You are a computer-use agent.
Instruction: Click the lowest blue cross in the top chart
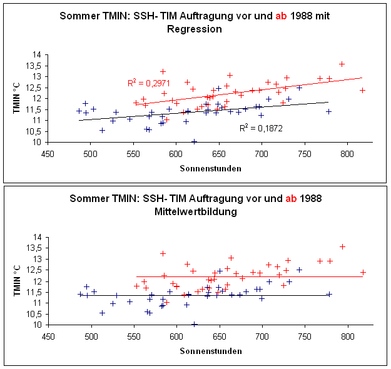point(194,142)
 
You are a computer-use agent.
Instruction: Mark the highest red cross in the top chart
point(342,64)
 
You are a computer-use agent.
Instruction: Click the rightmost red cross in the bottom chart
point(363,272)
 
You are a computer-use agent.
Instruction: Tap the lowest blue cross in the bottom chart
point(194,325)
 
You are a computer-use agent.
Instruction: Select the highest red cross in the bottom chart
point(342,246)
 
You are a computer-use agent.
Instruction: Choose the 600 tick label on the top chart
point(175,153)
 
